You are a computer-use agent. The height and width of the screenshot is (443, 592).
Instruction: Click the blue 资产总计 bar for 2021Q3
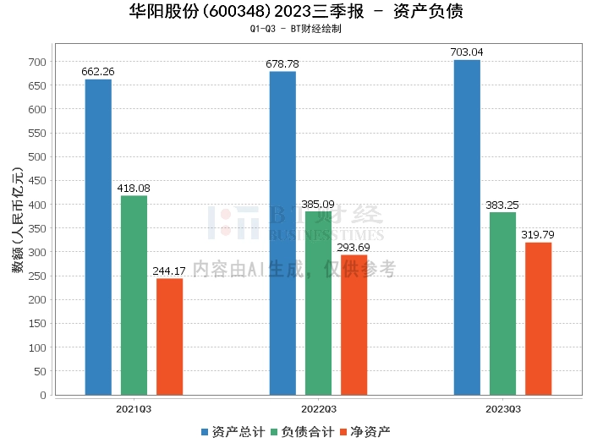(98, 237)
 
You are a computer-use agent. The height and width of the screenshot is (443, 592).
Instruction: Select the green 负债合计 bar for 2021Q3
(134, 295)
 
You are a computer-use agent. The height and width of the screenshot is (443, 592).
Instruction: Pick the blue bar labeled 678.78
(282, 233)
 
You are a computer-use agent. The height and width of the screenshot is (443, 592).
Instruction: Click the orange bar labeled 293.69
(354, 325)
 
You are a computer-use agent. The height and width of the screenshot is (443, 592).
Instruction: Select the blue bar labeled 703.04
(467, 227)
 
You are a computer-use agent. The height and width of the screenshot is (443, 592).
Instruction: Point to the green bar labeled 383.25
(502, 304)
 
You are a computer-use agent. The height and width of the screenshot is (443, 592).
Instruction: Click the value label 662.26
(98, 72)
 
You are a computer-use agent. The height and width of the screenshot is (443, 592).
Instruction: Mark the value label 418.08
(134, 189)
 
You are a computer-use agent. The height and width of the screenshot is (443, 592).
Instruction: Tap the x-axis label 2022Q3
(318, 408)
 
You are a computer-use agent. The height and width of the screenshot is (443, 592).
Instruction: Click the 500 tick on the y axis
(39, 157)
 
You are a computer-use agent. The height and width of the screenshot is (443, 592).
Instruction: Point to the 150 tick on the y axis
(39, 324)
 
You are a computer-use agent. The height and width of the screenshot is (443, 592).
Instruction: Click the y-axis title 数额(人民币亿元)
(16, 228)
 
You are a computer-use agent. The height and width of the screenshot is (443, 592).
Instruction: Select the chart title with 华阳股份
(296, 11)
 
